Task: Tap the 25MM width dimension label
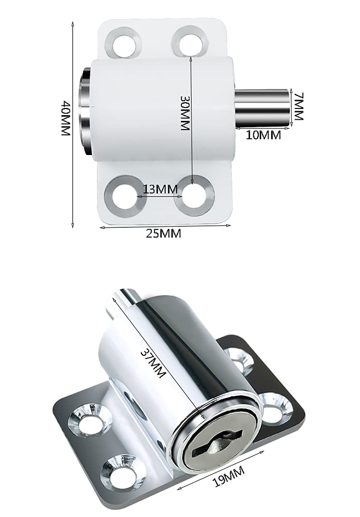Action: click(x=164, y=233)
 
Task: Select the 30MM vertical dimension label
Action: click(x=185, y=113)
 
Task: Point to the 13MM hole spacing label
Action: click(x=160, y=189)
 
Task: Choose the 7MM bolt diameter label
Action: click(x=298, y=106)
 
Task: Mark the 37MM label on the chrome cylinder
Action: click(x=153, y=363)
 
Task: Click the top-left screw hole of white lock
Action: click(x=123, y=44)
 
